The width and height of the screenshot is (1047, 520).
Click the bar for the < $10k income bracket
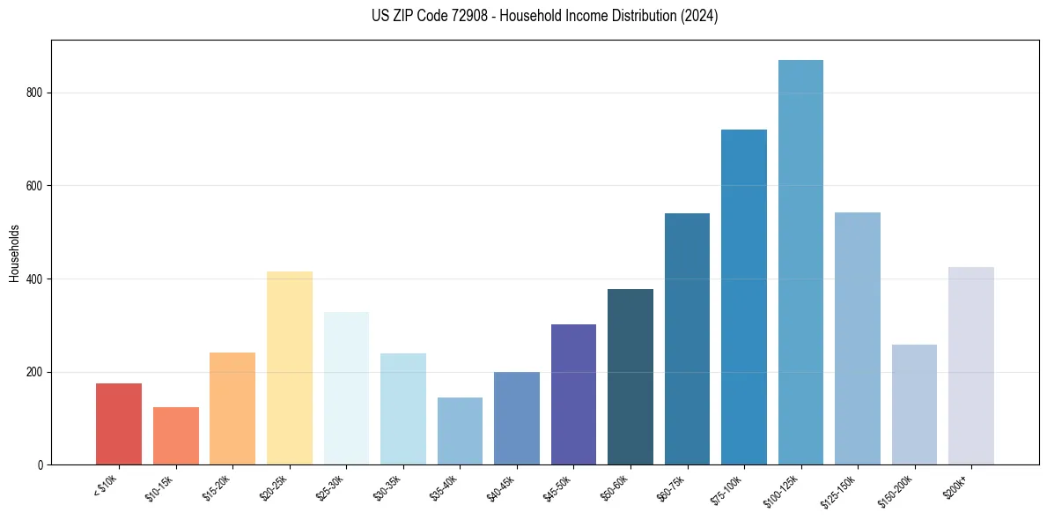pos(119,424)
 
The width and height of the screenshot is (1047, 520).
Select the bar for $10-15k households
pos(175,435)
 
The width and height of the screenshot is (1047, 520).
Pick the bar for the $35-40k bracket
pos(460,431)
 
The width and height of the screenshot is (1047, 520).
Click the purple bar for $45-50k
pos(573,394)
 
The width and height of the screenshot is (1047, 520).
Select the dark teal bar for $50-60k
pos(630,376)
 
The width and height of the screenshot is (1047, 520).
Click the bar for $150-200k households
pos(914,405)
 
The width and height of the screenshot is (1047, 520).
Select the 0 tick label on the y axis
pos(41,465)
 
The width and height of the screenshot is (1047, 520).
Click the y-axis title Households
pos(14,253)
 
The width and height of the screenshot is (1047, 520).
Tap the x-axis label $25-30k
pos(328,488)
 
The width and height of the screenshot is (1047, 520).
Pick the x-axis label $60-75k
pos(669,488)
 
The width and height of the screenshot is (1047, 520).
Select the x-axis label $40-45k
pos(499,488)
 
